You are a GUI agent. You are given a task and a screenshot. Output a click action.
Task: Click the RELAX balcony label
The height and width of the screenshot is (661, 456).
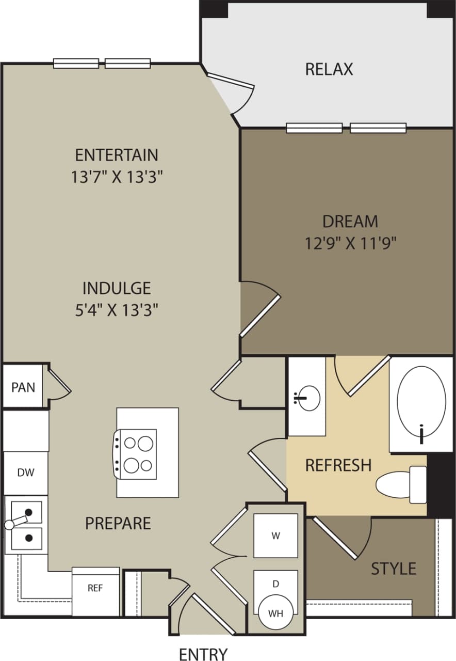329,69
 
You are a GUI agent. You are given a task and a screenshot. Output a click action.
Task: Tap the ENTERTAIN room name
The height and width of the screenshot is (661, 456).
117,155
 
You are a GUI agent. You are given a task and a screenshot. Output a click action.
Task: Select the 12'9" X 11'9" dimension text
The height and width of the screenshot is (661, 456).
350,243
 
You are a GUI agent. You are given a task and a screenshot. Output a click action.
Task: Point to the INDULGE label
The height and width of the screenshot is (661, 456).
117,288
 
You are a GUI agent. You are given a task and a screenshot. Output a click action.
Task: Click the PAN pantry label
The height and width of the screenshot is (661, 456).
24,387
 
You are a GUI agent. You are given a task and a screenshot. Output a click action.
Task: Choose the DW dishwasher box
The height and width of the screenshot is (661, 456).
26,473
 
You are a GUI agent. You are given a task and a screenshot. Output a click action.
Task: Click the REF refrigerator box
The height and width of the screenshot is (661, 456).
95,589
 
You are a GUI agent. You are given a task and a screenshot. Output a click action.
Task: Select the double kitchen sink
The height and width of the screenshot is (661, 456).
26,524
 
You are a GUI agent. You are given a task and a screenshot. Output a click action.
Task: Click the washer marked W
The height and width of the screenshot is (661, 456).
276,536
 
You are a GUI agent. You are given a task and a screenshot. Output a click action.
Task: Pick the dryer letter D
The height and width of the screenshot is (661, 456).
276,584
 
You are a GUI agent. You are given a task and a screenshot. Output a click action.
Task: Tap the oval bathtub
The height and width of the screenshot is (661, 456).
421,402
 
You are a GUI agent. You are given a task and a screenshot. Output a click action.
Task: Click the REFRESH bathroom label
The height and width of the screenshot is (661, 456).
338,465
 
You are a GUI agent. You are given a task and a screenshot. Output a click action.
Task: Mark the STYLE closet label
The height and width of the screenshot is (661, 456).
394,569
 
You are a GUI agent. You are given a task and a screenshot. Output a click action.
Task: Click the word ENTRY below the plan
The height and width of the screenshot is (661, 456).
203,654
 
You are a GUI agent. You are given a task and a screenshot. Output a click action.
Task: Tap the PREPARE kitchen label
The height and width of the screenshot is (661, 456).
118,523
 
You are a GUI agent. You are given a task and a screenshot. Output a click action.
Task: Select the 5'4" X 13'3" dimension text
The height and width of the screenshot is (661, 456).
117,310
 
